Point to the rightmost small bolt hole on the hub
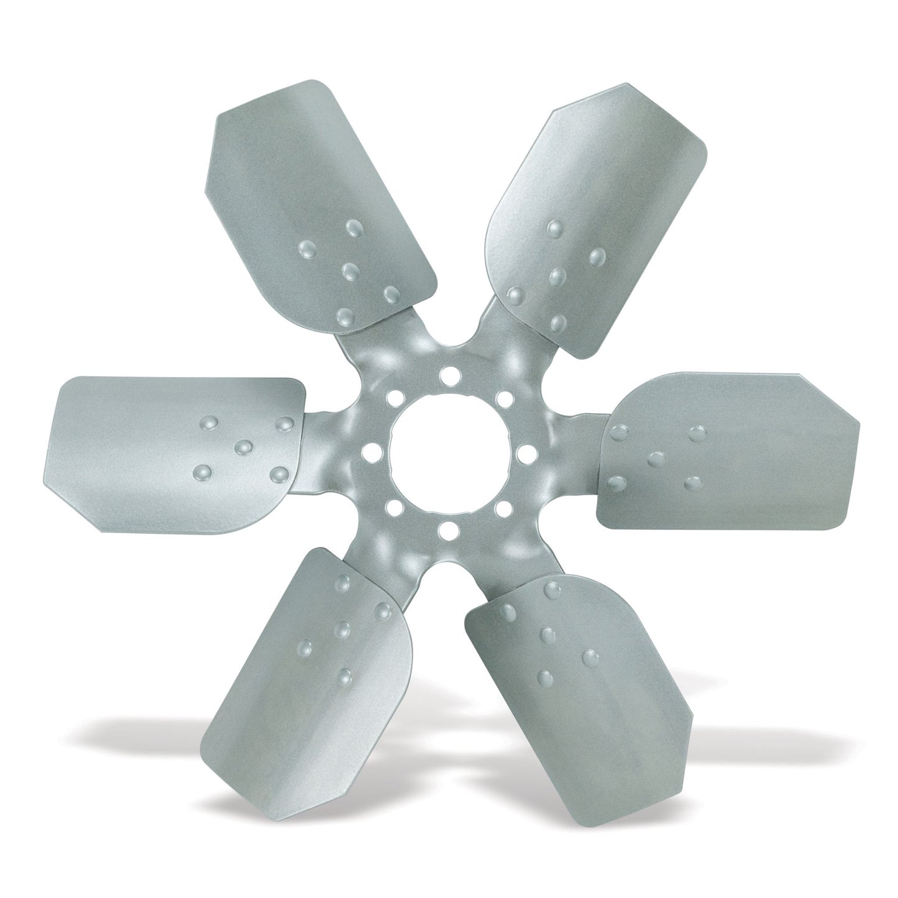pyautogui.click(x=523, y=449)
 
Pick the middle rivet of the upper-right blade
pyautogui.click(x=558, y=275)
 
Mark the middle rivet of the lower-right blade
pyautogui.click(x=548, y=635)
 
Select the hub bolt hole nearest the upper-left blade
pyautogui.click(x=393, y=396)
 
